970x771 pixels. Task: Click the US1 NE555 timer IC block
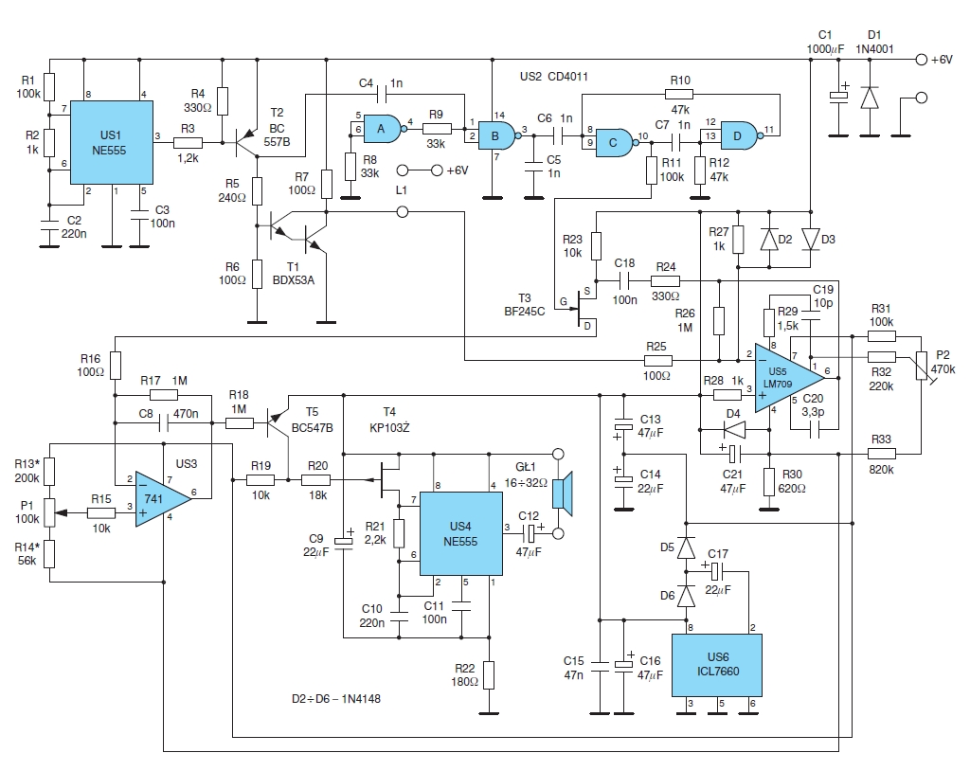pyautogui.click(x=112, y=143)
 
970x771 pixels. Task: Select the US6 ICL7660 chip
pyautogui.click(x=717, y=665)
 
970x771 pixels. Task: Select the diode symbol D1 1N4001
pyautogui.click(x=870, y=98)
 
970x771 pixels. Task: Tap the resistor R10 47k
pyautogui.click(x=679, y=94)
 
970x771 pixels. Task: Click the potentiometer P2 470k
pyautogui.click(x=921, y=367)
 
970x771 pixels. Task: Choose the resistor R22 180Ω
pyautogui.click(x=489, y=675)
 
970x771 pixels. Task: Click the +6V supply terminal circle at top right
pyautogui.click(x=921, y=60)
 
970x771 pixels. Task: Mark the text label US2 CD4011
pyautogui.click(x=553, y=77)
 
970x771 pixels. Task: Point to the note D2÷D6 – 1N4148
pyautogui.click(x=336, y=699)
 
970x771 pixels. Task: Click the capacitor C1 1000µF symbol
pyautogui.click(x=839, y=96)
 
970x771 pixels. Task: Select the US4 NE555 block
pyautogui.click(x=461, y=533)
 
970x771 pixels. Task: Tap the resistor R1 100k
pyautogui.click(x=49, y=87)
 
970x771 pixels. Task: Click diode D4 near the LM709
pyautogui.click(x=735, y=429)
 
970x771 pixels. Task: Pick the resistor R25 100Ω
pyautogui.click(x=658, y=361)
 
